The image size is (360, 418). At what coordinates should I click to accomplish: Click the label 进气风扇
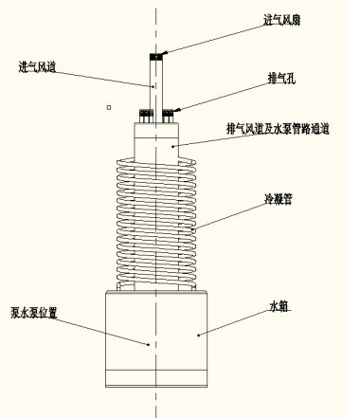click(x=281, y=20)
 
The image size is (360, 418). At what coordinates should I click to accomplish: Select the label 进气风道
click(x=37, y=67)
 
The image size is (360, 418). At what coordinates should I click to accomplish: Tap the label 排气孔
click(x=281, y=79)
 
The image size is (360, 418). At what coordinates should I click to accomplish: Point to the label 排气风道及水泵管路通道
click(x=278, y=129)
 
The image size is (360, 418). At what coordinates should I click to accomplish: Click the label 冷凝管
click(x=278, y=199)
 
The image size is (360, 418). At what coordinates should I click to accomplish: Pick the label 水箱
click(x=279, y=306)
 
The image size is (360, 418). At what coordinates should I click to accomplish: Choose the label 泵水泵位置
click(x=33, y=313)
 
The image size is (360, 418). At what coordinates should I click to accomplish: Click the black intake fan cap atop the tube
click(x=156, y=57)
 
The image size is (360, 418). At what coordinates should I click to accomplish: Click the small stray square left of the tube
click(x=109, y=107)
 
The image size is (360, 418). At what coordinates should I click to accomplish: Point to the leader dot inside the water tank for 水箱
click(x=198, y=336)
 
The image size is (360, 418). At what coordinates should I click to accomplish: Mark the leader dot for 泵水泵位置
click(x=149, y=344)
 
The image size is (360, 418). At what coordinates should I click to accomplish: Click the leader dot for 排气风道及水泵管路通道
click(x=172, y=146)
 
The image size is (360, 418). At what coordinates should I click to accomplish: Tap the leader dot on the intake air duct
click(x=153, y=86)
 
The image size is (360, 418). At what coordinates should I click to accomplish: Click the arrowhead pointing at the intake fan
click(x=165, y=53)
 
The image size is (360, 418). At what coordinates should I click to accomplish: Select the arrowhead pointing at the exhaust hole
click(x=177, y=110)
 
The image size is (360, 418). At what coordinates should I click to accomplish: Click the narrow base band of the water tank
click(x=156, y=378)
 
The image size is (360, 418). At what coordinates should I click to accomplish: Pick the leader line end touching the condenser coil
click(x=193, y=228)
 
